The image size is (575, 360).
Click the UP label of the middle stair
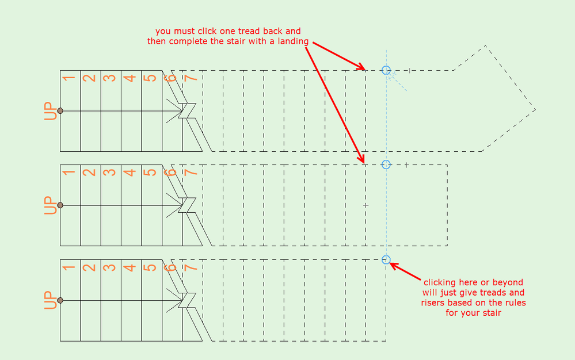(50, 205)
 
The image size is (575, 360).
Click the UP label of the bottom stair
(50, 300)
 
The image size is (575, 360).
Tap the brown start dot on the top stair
(60, 110)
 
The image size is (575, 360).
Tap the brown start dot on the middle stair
(60, 205)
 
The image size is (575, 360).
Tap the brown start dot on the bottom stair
(60, 300)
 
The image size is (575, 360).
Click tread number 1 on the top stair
(68, 78)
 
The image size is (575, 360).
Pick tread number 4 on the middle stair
(130, 173)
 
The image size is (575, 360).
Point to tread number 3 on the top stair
(109, 78)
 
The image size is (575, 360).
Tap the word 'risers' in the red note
(432, 303)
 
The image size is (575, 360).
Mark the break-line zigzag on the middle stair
(187, 205)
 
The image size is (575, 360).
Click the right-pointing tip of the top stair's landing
(535, 109)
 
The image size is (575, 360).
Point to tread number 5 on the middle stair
(150, 173)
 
